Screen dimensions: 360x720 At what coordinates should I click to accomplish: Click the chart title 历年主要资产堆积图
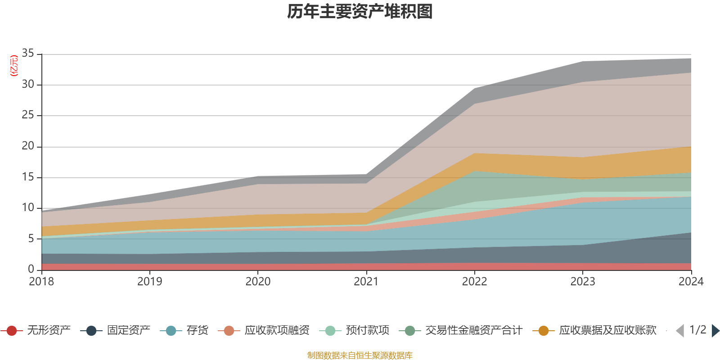pos(360,12)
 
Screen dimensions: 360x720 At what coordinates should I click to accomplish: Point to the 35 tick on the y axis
pos(28,54)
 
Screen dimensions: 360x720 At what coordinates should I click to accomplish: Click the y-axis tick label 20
pos(28,146)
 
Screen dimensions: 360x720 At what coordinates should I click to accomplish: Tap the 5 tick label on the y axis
pos(31,238)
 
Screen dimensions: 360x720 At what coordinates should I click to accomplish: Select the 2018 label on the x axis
pos(41,282)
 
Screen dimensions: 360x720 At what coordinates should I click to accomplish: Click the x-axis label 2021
pos(366,282)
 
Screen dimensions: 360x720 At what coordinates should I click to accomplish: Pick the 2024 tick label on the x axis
pos(691,282)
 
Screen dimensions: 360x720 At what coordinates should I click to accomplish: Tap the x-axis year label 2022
pos(474,282)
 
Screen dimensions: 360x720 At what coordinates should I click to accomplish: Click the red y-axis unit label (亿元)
pos(14,66)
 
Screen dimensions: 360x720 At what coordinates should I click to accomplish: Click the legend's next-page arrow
pos(715,331)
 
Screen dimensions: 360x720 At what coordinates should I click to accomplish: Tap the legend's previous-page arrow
pos(680,331)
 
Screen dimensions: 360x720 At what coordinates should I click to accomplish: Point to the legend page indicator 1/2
pos(697,330)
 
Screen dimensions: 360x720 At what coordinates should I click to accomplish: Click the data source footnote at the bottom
pos(360,355)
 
